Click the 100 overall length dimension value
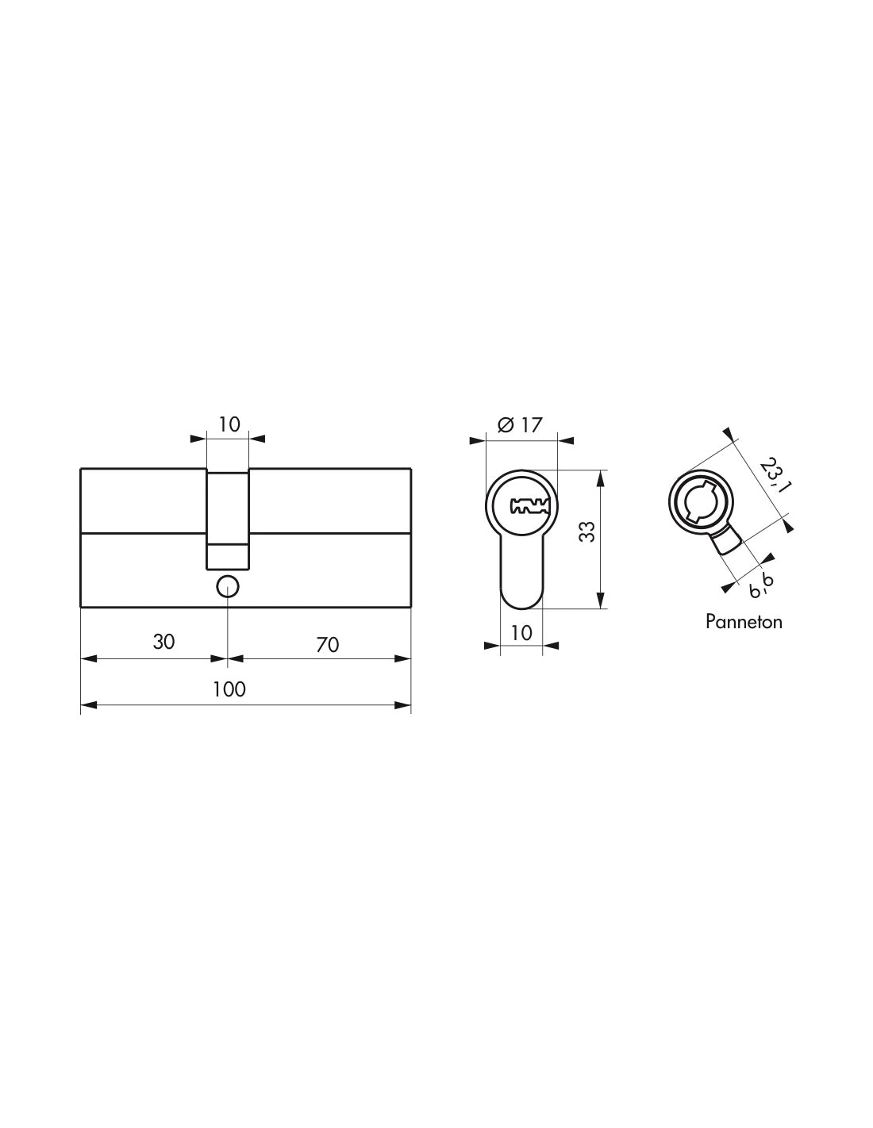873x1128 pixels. tap(229, 689)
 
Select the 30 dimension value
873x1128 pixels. tap(163, 642)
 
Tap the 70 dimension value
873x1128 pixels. tap(327, 645)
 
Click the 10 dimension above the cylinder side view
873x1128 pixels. tap(229, 424)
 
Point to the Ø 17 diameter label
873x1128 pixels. tap(520, 424)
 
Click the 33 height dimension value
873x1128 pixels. tap(586, 531)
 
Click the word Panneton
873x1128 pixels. tap(744, 621)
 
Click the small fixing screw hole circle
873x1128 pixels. tap(228, 587)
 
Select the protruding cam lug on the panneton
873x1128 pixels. tap(725, 543)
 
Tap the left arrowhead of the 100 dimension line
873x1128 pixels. tap(87, 705)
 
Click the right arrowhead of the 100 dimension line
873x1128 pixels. tap(405, 705)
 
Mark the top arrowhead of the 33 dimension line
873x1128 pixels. tap(601, 477)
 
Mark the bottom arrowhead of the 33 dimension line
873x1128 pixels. tap(601, 602)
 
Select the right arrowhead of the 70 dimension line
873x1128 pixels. tap(405, 658)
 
